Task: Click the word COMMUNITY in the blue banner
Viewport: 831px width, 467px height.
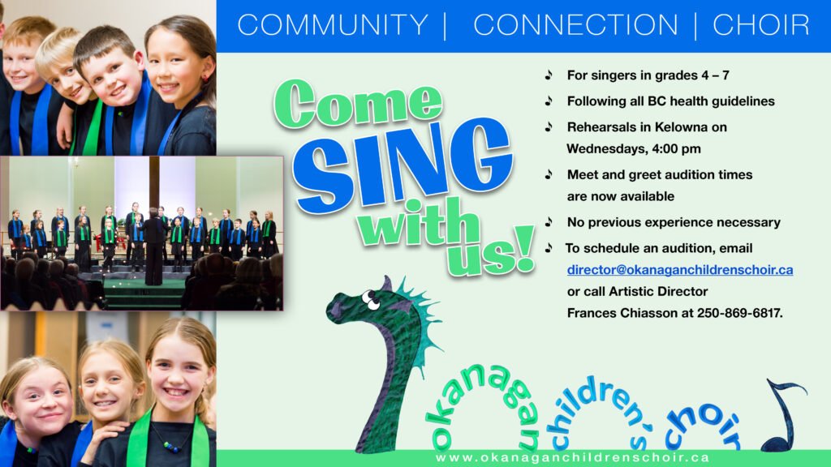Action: coord(332,25)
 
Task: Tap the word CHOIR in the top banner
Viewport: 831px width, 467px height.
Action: coord(761,25)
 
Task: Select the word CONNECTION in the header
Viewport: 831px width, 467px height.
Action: coord(575,25)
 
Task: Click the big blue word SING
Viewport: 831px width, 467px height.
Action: coord(403,164)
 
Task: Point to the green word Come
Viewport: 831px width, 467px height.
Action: coord(358,103)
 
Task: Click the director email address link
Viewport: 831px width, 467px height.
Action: coord(680,269)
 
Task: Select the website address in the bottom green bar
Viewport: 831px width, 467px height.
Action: coord(572,457)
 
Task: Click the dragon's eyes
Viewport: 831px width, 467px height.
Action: coord(370,300)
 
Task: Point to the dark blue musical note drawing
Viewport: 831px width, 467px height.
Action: coord(785,416)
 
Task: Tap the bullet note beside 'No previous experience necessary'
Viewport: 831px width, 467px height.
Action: coord(549,222)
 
